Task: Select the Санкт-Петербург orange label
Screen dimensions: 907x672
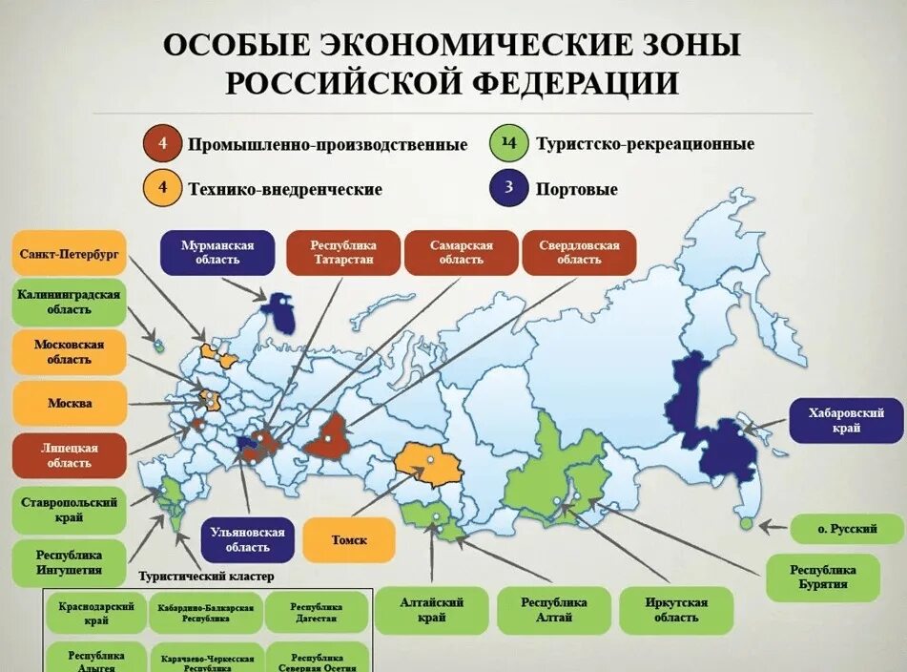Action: pyautogui.click(x=70, y=254)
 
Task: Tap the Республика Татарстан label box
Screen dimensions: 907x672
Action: pyautogui.click(x=342, y=253)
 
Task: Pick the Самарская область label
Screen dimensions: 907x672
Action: pyautogui.click(x=462, y=253)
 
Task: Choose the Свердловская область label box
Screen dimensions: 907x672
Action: pyautogui.click(x=579, y=253)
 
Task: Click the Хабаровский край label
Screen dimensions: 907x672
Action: pyautogui.click(x=846, y=420)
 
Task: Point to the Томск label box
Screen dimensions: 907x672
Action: pyautogui.click(x=348, y=540)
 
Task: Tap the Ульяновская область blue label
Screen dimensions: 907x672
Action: pyautogui.click(x=246, y=540)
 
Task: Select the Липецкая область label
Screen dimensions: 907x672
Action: pyautogui.click(x=69, y=455)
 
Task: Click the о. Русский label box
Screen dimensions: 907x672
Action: pyautogui.click(x=847, y=528)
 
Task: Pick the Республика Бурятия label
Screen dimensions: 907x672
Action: pyautogui.click(x=822, y=577)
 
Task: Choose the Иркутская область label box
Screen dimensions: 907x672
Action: pyautogui.click(x=676, y=610)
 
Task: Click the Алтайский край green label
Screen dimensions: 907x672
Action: pyautogui.click(x=431, y=610)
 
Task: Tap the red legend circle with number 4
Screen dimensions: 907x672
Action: pyautogui.click(x=163, y=143)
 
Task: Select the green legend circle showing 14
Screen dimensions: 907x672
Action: pyautogui.click(x=509, y=143)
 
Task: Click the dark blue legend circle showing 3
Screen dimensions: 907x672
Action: pyautogui.click(x=509, y=188)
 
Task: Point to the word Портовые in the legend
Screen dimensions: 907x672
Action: pyautogui.click(x=576, y=189)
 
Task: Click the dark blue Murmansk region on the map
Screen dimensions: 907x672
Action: pyautogui.click(x=279, y=312)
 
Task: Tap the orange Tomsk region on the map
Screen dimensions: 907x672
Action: pyautogui.click(x=429, y=464)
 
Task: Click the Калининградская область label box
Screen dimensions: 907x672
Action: pyautogui.click(x=69, y=302)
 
